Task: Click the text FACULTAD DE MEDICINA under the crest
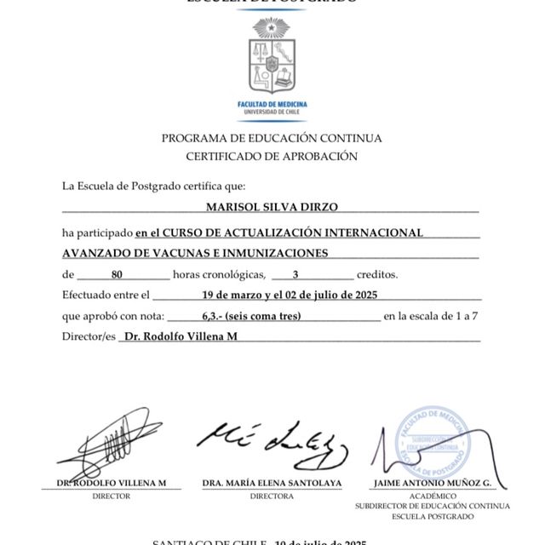pyautogui.click(x=272, y=104)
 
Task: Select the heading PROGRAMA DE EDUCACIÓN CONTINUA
pyautogui.click(x=272, y=138)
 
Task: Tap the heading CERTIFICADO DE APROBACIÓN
pyautogui.click(x=272, y=156)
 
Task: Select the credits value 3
pyautogui.click(x=295, y=275)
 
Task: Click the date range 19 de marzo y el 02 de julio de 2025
pyautogui.click(x=290, y=295)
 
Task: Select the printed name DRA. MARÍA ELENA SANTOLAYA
pyautogui.click(x=272, y=483)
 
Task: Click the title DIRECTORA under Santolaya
pyautogui.click(x=272, y=495)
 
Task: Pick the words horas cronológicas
pyautogui.click(x=217, y=275)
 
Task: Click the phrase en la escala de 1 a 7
pyautogui.click(x=433, y=316)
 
